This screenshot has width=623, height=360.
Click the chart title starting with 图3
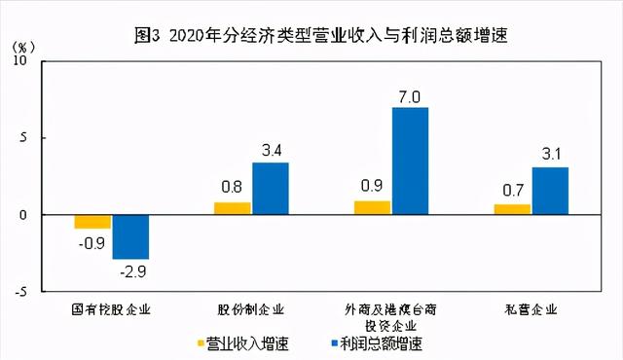(322, 35)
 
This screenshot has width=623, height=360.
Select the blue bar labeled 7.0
(410, 161)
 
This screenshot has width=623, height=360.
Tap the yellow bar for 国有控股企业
(92, 222)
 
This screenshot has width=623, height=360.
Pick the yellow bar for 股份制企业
(232, 208)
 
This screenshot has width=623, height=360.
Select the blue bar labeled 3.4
(270, 188)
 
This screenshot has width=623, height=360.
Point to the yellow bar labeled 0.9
(372, 207)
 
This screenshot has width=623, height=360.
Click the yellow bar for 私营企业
(512, 209)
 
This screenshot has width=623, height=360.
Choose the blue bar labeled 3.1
(550, 191)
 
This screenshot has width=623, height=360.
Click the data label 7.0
(410, 96)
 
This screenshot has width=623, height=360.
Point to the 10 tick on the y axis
(36, 61)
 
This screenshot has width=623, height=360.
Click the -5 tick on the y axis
(36, 291)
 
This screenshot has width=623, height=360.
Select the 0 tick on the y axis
(39, 215)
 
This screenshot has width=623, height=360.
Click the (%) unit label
(24, 47)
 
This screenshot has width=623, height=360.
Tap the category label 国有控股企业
(112, 310)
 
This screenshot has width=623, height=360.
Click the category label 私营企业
(531, 310)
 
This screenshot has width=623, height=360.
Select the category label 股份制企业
(251, 310)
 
